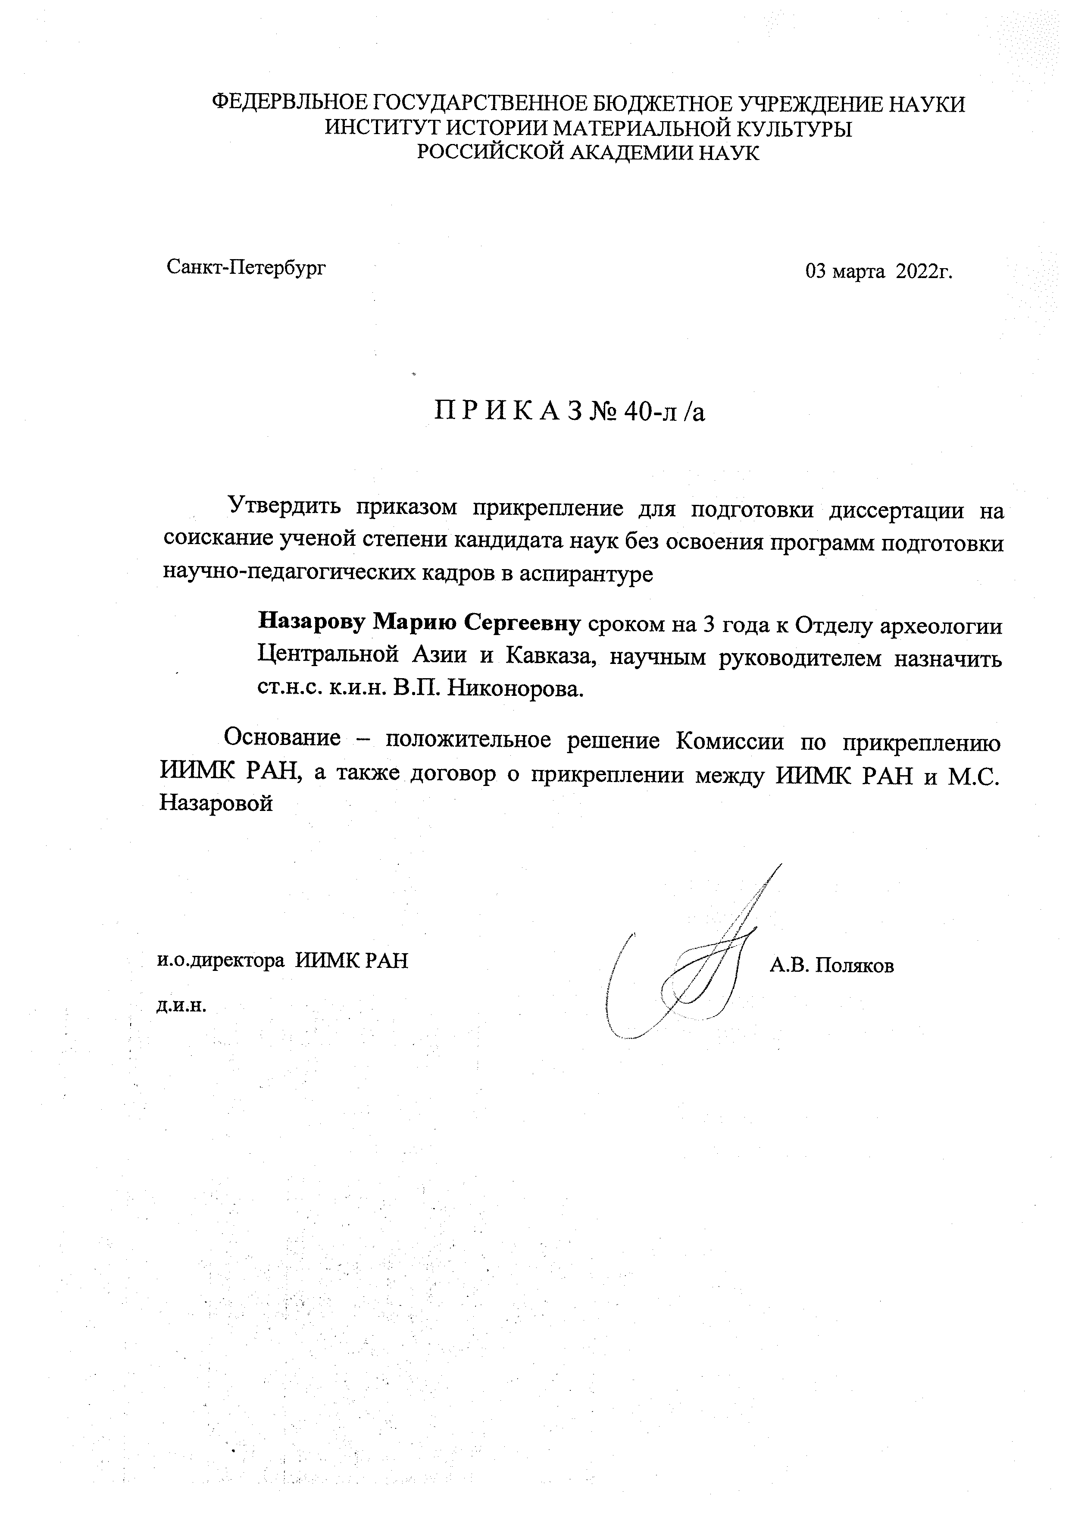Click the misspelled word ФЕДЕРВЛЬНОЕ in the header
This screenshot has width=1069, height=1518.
[x=289, y=104]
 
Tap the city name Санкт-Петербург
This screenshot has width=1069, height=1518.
[x=247, y=267]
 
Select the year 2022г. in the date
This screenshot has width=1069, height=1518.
[x=924, y=271]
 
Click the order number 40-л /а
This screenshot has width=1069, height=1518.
[x=663, y=412]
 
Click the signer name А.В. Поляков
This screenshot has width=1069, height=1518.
[x=831, y=966]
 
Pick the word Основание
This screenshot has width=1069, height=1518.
[x=283, y=737]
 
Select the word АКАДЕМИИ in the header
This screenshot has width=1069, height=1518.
[x=630, y=152]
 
